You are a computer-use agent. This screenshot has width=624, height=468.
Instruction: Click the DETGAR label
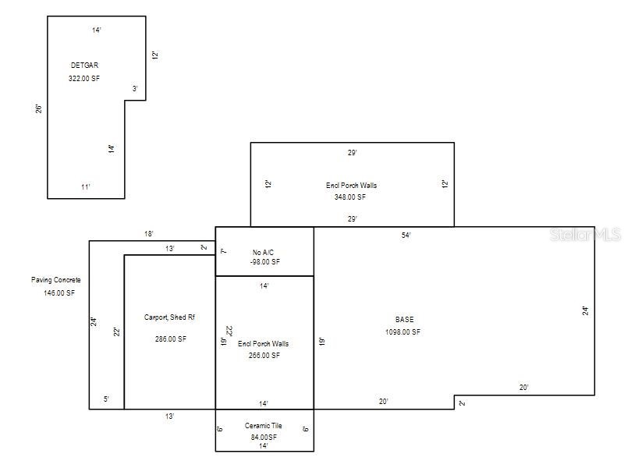(84, 66)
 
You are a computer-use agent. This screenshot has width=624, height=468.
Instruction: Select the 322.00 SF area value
(84, 79)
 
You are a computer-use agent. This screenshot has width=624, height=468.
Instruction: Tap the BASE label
(404, 320)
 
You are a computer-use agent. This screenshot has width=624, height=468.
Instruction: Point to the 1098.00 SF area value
(402, 332)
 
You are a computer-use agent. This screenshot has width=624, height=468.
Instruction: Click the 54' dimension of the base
(406, 235)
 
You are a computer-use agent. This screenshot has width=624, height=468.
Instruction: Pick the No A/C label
(264, 252)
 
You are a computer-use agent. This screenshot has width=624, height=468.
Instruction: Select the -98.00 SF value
(264, 262)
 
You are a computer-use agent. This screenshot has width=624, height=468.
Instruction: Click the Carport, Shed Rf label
(168, 317)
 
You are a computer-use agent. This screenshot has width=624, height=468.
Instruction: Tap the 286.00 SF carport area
(170, 339)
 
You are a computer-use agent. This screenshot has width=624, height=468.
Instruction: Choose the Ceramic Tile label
(264, 426)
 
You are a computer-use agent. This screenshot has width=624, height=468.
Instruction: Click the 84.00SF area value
(264, 437)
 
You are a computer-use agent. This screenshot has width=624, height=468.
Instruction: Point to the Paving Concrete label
(55, 280)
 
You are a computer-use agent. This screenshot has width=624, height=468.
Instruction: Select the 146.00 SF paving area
(59, 293)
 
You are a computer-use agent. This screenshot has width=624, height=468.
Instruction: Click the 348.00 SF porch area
(350, 197)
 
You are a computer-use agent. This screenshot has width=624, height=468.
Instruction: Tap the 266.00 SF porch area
(264, 356)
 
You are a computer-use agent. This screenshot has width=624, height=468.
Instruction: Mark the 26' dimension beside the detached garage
(39, 108)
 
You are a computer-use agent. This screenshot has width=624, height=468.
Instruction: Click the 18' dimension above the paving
(149, 233)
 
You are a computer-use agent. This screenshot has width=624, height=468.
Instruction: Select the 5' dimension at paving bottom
(106, 399)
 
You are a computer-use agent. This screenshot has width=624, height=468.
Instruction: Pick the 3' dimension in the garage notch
(135, 89)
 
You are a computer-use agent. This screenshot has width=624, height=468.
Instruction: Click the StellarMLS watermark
(585, 234)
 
